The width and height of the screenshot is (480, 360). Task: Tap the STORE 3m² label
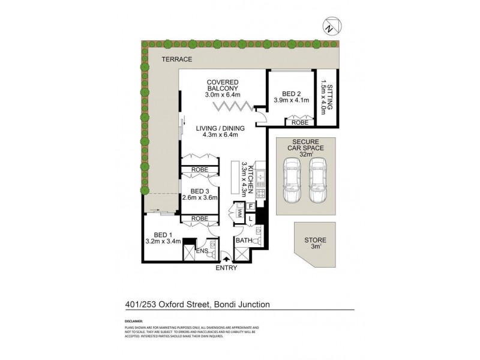(x=315, y=243)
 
